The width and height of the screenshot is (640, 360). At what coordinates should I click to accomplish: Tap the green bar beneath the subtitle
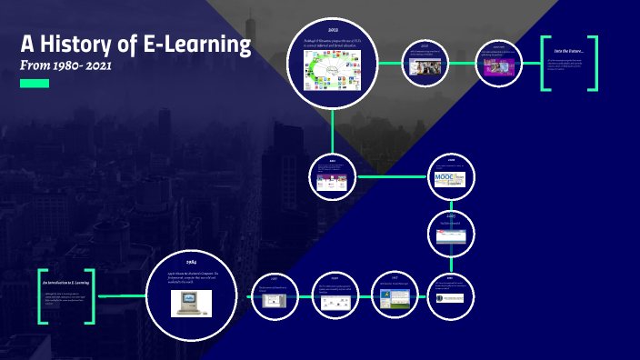(35, 83)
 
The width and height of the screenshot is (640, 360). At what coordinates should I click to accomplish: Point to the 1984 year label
(191, 262)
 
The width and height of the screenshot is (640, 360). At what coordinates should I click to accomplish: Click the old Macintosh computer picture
(191, 303)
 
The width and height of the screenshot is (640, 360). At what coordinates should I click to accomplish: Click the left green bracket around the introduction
(42, 296)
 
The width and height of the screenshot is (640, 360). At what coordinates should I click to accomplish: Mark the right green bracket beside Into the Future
(594, 64)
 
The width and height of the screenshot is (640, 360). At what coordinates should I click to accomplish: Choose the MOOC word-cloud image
(449, 178)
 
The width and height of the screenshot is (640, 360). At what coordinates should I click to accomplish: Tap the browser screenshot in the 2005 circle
(449, 235)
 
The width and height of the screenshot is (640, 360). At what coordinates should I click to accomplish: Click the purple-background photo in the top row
(498, 66)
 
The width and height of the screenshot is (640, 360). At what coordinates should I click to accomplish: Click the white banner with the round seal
(449, 298)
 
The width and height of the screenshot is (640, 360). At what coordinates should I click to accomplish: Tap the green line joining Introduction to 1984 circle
(120, 296)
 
